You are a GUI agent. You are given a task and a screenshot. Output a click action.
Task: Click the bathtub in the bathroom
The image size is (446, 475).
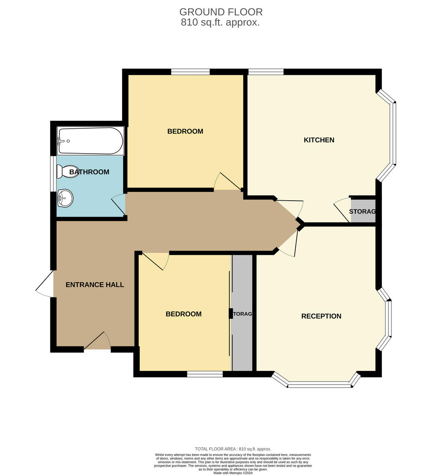click(90, 141)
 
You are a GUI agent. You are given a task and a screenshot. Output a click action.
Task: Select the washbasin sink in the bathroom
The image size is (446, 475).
click(65, 198)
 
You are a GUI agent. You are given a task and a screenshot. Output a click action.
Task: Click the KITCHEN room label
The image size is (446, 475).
click(319, 140)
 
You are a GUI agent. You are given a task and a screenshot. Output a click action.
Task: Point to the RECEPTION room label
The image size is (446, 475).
click(321, 316)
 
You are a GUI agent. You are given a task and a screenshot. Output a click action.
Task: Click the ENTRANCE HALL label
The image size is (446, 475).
click(95, 285)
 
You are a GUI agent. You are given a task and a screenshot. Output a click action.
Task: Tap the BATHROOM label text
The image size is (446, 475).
click(90, 172)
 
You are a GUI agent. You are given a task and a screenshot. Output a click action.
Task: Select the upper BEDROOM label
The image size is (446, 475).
click(185, 131)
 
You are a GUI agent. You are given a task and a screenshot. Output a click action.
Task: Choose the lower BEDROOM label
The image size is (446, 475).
click(183, 314)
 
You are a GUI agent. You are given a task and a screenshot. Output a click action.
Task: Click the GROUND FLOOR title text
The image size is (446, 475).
click(221, 12)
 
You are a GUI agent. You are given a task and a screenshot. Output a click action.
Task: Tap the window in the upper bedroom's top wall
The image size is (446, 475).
click(190, 72)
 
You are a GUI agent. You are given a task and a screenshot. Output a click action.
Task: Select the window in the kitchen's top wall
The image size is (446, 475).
click(266, 72)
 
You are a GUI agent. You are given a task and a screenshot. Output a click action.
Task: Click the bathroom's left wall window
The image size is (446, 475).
click(53, 174)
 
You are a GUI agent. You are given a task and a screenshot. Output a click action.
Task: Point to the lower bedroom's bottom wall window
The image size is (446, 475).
click(205, 374)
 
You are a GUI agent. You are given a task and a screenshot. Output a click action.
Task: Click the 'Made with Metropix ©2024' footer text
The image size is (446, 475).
click(233, 473)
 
